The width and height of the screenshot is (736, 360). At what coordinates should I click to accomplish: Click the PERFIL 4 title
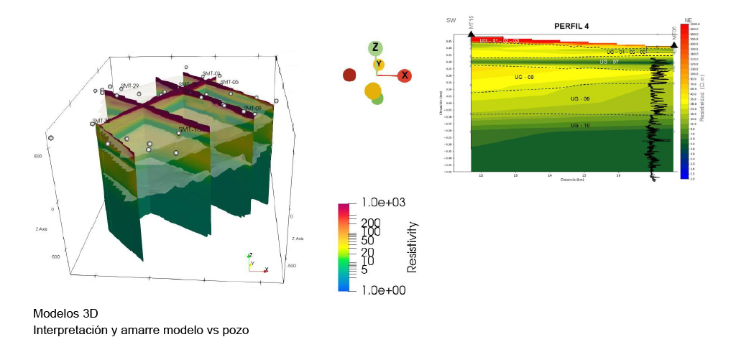pyautogui.click(x=567, y=26)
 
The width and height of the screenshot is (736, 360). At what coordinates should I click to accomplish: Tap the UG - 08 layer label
pyautogui.click(x=525, y=77)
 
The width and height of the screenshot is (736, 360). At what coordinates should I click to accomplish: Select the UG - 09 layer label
pyautogui.click(x=579, y=98)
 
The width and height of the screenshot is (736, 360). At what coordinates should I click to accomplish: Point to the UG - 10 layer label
pyautogui.click(x=579, y=125)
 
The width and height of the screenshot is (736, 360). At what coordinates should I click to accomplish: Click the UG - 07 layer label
pyautogui.click(x=609, y=62)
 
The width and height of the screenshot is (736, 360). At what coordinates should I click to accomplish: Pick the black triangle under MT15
pyautogui.click(x=471, y=34)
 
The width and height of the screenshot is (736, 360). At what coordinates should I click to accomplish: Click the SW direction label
pyautogui.click(x=451, y=20)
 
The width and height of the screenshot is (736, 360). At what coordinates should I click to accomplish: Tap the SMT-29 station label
pyautogui.click(x=129, y=86)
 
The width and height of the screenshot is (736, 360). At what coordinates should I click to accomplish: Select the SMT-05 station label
pyautogui.click(x=230, y=83)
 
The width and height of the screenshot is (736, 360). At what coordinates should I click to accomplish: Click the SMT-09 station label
pyautogui.click(x=252, y=109)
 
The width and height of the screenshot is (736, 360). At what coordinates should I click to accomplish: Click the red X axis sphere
pyautogui.click(x=404, y=75)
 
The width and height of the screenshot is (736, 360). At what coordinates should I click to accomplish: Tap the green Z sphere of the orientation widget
pyautogui.click(x=374, y=48)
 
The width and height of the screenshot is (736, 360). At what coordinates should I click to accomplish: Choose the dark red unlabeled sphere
pyautogui.click(x=350, y=75)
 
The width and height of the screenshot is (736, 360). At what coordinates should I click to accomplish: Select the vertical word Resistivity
pyautogui.click(x=413, y=246)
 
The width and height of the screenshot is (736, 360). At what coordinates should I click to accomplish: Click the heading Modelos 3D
pyautogui.click(x=65, y=314)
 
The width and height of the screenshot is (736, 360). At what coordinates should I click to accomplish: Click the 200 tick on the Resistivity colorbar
pyautogui.click(x=371, y=223)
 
